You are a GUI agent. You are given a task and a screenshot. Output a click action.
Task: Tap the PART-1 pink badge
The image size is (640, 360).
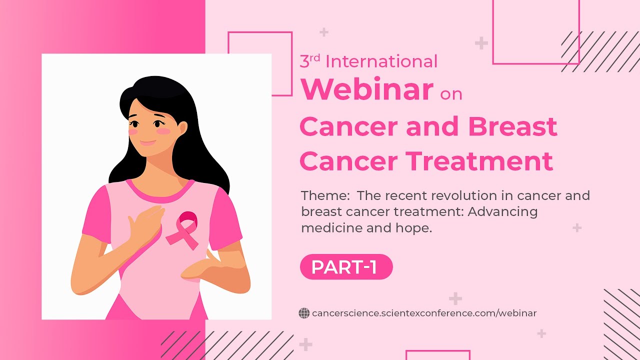pos(346,267)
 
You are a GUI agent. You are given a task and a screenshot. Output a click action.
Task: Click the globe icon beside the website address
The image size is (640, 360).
pos(304,313)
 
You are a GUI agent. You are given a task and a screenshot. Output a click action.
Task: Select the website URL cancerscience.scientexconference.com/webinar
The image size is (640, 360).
pos(424,313)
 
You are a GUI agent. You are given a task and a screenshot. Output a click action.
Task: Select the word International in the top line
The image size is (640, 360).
pos(381,61)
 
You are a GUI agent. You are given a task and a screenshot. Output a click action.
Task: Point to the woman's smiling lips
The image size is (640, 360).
pos(148,143)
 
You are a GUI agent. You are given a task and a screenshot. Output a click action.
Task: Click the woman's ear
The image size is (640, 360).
pos(182,128)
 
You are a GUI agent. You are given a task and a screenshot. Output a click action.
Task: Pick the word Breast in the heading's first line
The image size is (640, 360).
pos(512,127)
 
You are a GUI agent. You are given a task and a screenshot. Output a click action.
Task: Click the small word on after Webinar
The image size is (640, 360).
pos(451,94)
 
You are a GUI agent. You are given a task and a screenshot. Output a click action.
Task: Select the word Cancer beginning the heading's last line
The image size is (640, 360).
pos(348,161)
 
